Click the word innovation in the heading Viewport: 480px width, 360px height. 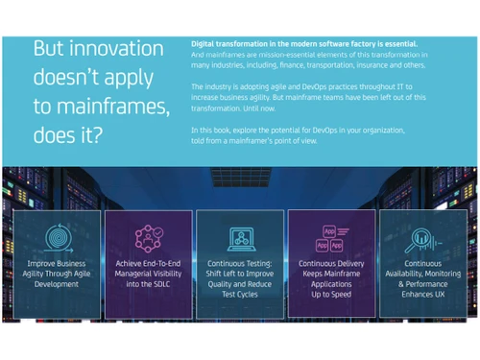(117, 48)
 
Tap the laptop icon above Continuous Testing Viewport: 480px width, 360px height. (240, 237)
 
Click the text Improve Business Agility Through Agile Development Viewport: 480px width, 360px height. (57, 274)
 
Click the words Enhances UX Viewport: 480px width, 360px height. (423, 295)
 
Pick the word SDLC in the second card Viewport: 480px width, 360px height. (169, 284)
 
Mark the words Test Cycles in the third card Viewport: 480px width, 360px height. (240, 295)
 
